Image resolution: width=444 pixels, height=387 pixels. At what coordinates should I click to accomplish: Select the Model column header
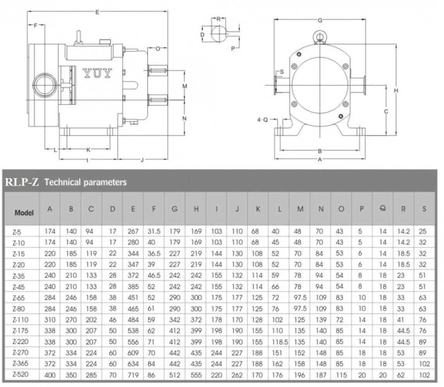pyautogui.click(x=24, y=212)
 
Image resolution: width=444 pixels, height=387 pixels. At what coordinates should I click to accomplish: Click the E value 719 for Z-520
pyautogui.click(x=133, y=375)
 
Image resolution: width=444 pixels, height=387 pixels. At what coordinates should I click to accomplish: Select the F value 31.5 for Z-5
pyautogui.click(x=154, y=232)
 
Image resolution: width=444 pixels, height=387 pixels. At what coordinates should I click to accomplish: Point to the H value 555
pyautogui.click(x=196, y=375)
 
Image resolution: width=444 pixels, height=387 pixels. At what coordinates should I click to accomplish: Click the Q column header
pyautogui.click(x=382, y=209)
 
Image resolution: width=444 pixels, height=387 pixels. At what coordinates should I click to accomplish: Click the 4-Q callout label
pyautogui.click(x=262, y=120)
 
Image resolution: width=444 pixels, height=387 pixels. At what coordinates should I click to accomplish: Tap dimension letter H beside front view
pyautogui.click(x=396, y=91)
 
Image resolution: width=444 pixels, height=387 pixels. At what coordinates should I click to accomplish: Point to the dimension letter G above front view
pyautogui.click(x=320, y=20)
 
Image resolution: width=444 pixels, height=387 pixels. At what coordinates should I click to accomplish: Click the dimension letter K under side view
pyautogui.click(x=88, y=149)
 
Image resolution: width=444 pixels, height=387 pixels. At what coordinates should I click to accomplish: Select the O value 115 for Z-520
pyautogui.click(x=341, y=375)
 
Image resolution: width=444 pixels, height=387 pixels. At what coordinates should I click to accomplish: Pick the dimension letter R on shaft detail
pyautogui.click(x=218, y=19)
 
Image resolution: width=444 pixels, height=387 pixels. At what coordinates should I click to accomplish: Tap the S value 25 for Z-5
pyautogui.click(x=424, y=232)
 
